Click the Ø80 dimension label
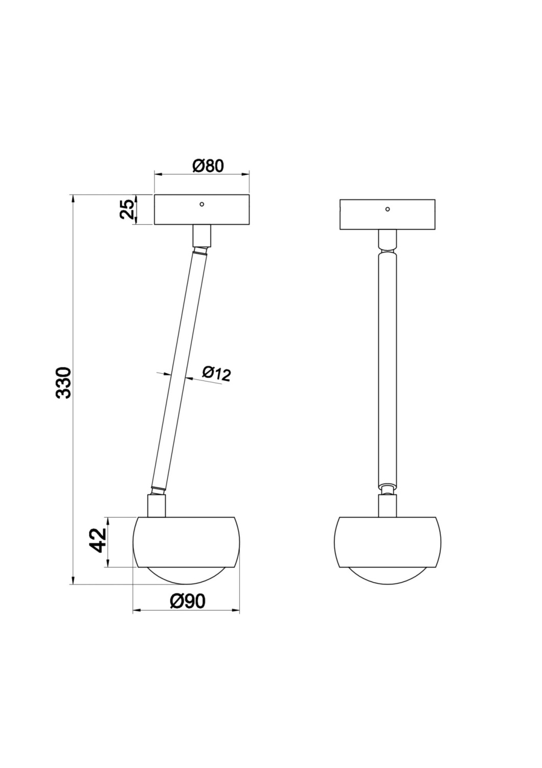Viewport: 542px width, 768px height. (208, 166)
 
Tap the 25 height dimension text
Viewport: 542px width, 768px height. (127, 209)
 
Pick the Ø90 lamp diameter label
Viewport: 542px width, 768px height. (187, 601)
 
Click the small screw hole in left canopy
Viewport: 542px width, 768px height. (202, 204)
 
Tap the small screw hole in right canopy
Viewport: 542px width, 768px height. (388, 209)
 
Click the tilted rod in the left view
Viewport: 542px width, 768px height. (179, 369)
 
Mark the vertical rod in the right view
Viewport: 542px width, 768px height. (387, 369)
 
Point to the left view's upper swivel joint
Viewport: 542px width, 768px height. (200, 250)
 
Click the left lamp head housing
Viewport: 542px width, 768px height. (186, 542)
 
